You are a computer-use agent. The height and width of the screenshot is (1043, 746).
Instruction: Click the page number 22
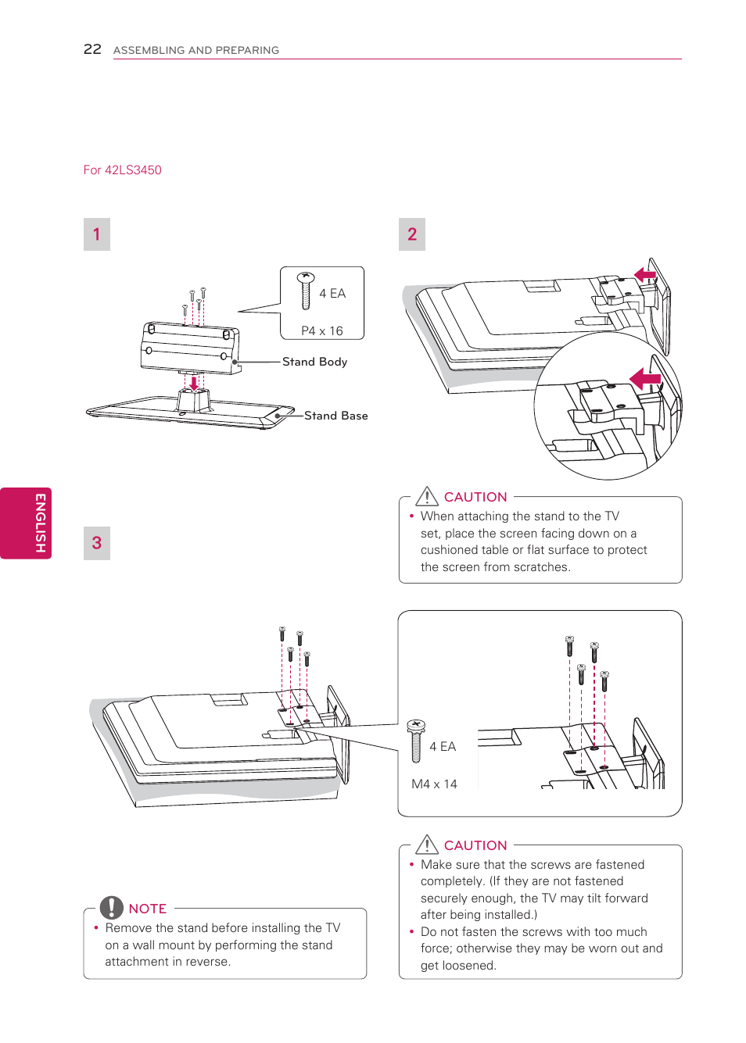click(92, 49)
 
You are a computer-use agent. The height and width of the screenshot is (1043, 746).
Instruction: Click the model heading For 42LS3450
click(122, 170)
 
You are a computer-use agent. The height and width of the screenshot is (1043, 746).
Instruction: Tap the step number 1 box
click(97, 234)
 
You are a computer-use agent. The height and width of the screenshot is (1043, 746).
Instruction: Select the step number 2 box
click(412, 234)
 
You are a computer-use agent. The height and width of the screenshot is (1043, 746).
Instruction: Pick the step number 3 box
click(97, 543)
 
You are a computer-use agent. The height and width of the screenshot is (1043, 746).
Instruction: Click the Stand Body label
click(314, 362)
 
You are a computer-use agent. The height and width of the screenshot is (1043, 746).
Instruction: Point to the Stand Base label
click(335, 416)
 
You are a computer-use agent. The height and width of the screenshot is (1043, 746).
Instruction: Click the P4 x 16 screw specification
click(322, 331)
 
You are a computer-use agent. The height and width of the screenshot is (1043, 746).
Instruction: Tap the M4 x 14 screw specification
click(434, 784)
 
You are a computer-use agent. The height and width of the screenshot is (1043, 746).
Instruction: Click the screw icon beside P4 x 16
click(306, 290)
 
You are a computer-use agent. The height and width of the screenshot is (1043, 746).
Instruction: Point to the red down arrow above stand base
click(194, 383)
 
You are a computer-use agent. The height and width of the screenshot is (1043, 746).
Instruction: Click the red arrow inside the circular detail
click(645, 380)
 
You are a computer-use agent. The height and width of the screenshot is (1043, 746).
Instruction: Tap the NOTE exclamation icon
click(112, 907)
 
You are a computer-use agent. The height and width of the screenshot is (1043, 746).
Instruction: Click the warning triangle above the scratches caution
click(427, 496)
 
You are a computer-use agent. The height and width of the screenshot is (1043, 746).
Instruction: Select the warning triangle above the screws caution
click(427, 845)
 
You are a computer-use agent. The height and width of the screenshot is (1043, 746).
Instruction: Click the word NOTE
click(148, 909)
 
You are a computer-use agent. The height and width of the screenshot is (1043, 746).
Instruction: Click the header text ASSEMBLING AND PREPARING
click(196, 50)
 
